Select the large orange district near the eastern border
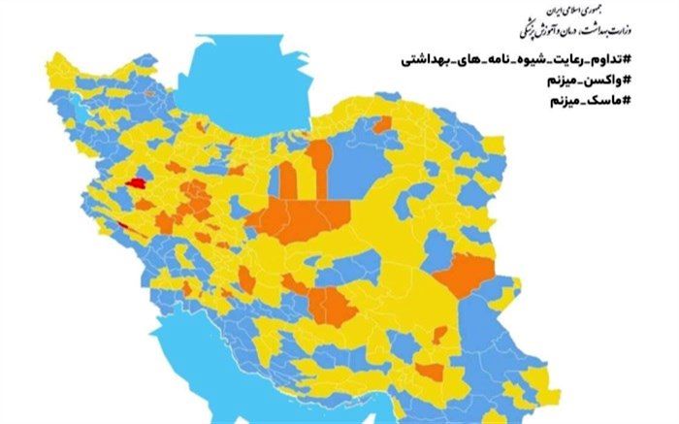[464, 275]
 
